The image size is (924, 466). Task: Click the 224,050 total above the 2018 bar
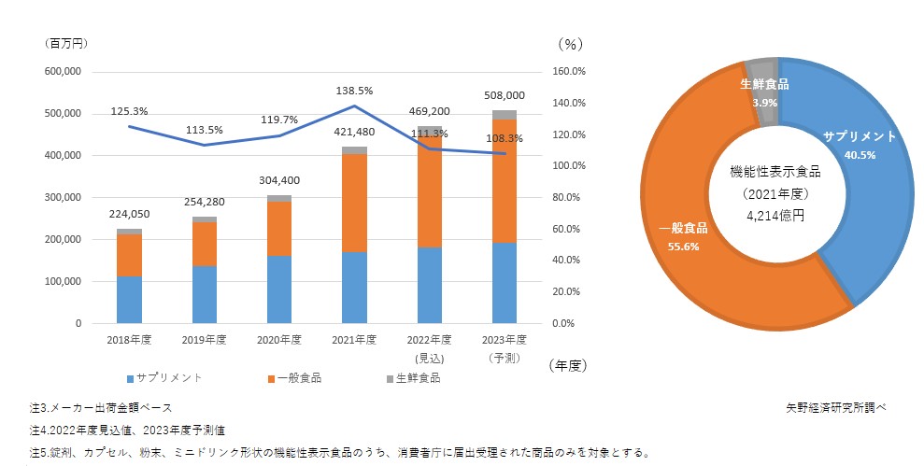tap(129, 213)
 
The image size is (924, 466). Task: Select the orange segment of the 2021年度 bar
tap(354, 203)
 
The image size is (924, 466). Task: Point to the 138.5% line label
tap(354, 92)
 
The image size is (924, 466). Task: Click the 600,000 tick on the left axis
tap(64, 72)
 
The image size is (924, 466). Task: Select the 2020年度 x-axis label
tap(278, 339)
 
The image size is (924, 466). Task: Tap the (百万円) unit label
tap(64, 43)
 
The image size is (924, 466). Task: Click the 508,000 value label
tap(504, 95)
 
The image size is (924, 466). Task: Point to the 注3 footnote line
tap(101, 408)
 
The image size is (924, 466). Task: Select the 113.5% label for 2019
tap(204, 130)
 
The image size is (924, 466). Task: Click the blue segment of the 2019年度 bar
tap(204, 294)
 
